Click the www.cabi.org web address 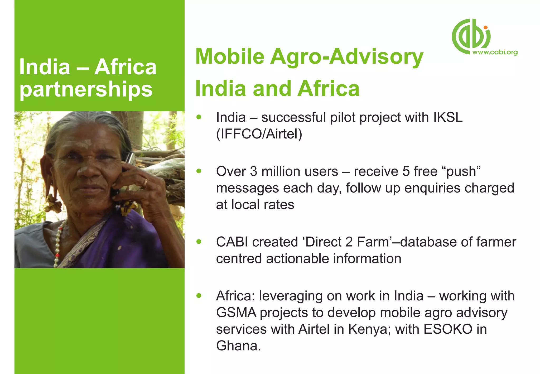tap(495, 52)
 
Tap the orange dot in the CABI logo tap(485, 27)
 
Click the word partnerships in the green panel tap(86, 89)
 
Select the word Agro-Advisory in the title tap(346, 56)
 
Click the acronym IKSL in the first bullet tap(448, 117)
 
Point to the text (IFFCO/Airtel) tap(259, 134)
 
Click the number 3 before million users tap(253, 171)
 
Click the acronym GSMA tap(236, 313)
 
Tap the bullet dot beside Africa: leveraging tap(199, 296)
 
